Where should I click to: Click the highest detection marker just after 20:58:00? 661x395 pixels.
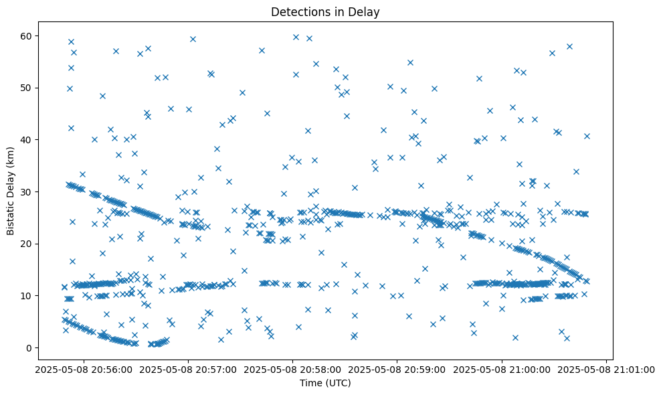pyautogui.click(x=296, y=37)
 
